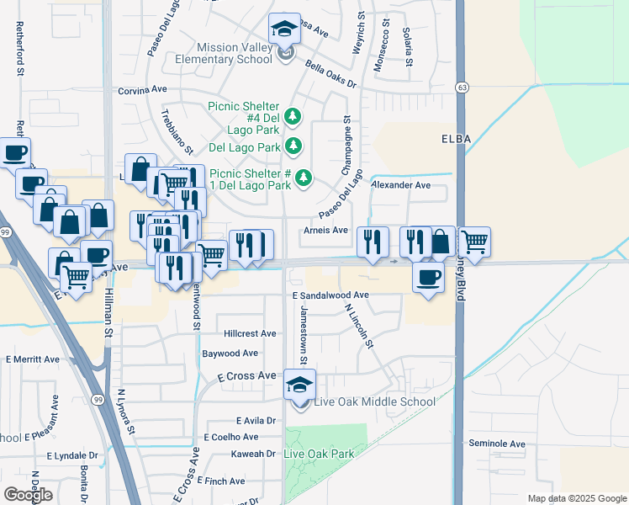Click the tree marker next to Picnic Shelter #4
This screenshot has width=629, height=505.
(293, 115)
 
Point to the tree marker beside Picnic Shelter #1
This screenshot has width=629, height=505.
(304, 178)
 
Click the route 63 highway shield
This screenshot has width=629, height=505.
(462, 88)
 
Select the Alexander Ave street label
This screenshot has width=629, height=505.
(400, 185)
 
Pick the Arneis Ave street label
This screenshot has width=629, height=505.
(327, 230)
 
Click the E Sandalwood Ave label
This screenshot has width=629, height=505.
(330, 295)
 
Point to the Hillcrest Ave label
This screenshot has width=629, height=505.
(250, 333)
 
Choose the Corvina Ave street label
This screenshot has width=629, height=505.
(144, 90)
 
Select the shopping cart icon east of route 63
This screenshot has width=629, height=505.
(474, 242)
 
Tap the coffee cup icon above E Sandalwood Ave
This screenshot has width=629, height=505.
(428, 277)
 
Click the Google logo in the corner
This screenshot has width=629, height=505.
(28, 494)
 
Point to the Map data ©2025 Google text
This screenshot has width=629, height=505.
(576, 498)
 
